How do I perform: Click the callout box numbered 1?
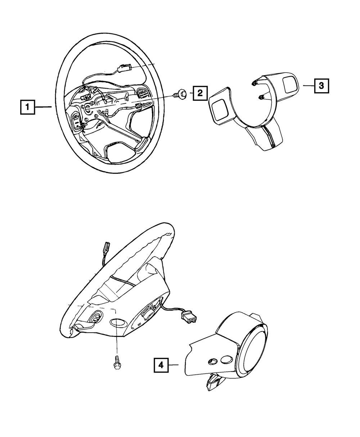[27, 107]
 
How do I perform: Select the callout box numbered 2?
[200, 94]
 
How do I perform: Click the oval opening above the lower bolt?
[117, 323]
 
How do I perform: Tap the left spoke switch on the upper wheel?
[78, 120]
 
